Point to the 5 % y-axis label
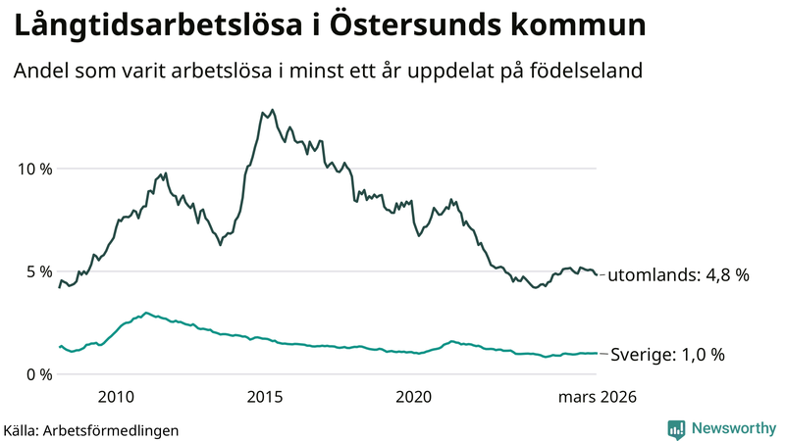click(x=36, y=271)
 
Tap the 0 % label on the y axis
click(x=36, y=374)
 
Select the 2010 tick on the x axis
click(x=116, y=397)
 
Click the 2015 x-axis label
click(x=265, y=397)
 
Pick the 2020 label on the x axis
click(x=413, y=397)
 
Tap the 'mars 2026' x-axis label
click(x=597, y=397)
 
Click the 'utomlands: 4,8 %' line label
click(x=678, y=275)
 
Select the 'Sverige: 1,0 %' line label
click(x=667, y=355)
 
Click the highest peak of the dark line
click(x=272, y=110)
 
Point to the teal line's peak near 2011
click(x=146, y=313)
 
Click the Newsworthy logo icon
click(x=676, y=428)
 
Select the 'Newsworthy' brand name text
click(x=733, y=428)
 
